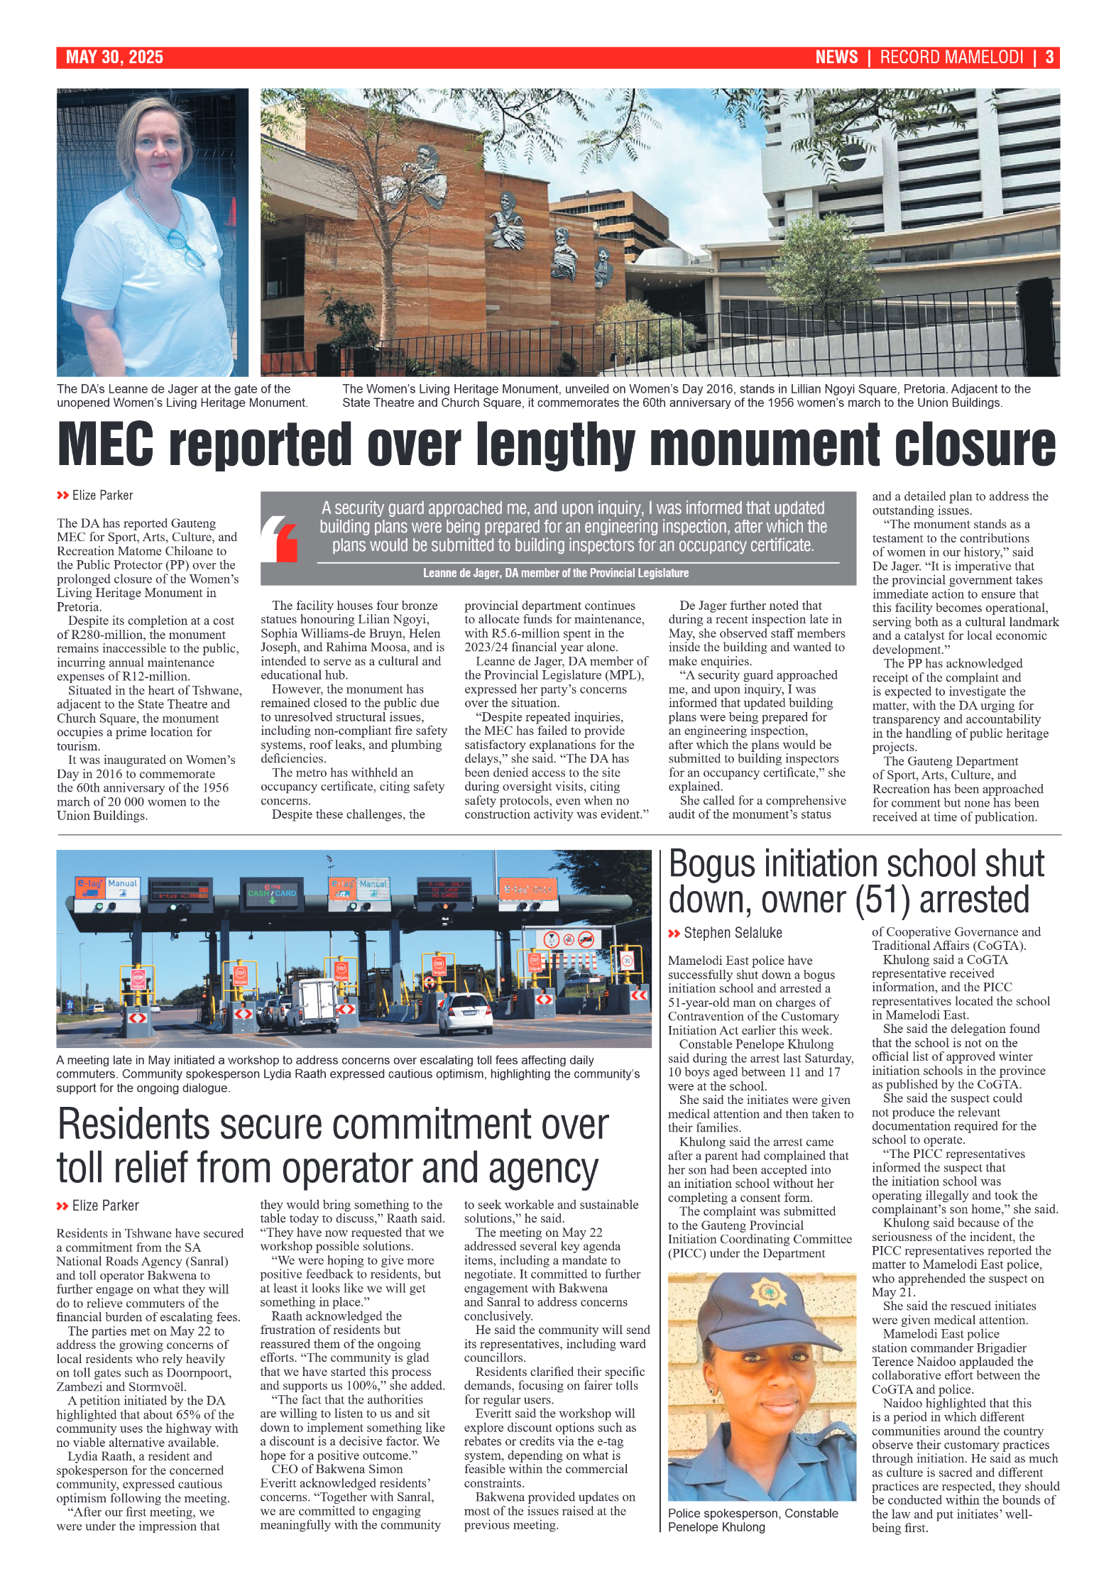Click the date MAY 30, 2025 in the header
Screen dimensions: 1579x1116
114,58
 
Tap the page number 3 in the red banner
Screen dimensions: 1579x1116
1049,58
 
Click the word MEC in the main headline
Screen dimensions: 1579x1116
105,444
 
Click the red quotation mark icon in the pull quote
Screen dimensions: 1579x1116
280,538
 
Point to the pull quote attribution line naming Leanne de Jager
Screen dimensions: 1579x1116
555,573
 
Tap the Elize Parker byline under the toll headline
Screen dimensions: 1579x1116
105,1206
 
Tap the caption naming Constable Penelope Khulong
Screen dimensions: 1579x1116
752,1520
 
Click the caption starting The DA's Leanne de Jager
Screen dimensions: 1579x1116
182,395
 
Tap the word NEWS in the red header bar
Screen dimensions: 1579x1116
836,58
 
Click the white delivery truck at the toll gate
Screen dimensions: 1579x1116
314,1002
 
